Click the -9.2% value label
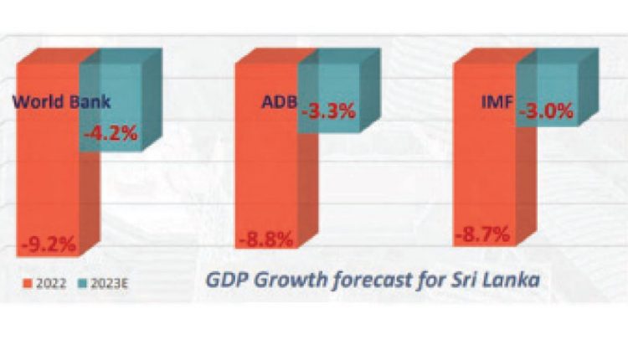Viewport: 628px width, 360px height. pos(49,244)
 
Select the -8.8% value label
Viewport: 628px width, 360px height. pos(266,239)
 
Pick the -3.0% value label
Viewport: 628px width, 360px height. pos(547,111)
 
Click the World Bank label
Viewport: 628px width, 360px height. pos(62,103)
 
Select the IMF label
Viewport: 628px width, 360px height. pos(497,103)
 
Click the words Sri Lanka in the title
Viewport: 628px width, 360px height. pos(495,279)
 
